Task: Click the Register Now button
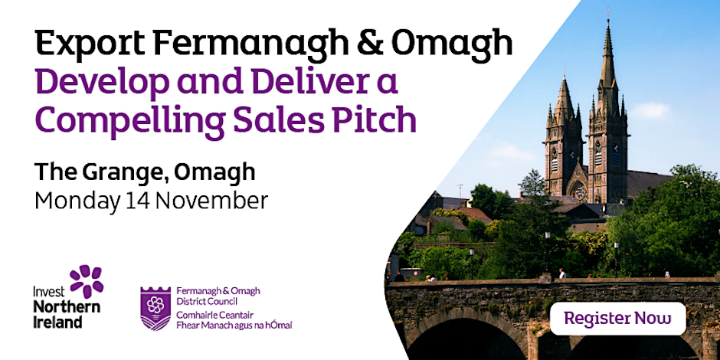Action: (x=617, y=318)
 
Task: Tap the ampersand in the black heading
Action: (x=371, y=42)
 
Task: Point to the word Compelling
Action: (x=130, y=121)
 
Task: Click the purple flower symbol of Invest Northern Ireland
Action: (x=87, y=280)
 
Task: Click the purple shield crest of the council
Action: (x=155, y=309)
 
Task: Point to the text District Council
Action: (x=207, y=301)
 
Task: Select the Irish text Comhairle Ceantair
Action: (x=215, y=315)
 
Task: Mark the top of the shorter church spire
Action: (x=564, y=77)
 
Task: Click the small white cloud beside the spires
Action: (x=650, y=110)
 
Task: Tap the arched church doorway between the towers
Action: (x=578, y=191)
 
